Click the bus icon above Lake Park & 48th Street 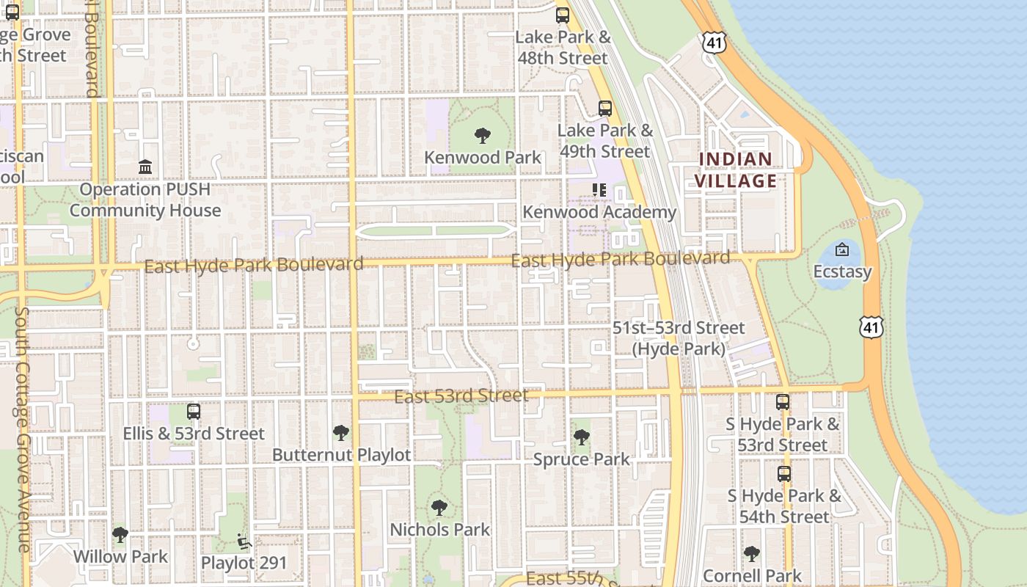click(x=563, y=15)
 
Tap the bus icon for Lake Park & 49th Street click(x=605, y=109)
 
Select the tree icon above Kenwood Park click(x=482, y=136)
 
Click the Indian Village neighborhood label click(x=735, y=170)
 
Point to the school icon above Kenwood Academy click(x=599, y=190)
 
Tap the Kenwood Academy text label click(x=599, y=212)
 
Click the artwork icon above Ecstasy click(x=842, y=249)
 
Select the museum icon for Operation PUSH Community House click(x=145, y=167)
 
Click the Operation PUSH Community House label click(x=145, y=200)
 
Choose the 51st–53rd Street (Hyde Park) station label click(x=679, y=338)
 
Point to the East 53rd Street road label click(x=461, y=396)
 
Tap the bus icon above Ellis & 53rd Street click(x=194, y=412)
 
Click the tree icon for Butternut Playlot click(x=341, y=433)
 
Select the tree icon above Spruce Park click(x=581, y=437)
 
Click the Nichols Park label click(x=440, y=529)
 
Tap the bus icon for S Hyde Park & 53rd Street click(x=783, y=402)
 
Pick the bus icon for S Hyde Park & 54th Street click(x=784, y=474)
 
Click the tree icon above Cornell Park click(x=751, y=553)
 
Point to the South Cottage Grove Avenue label click(x=21, y=429)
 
